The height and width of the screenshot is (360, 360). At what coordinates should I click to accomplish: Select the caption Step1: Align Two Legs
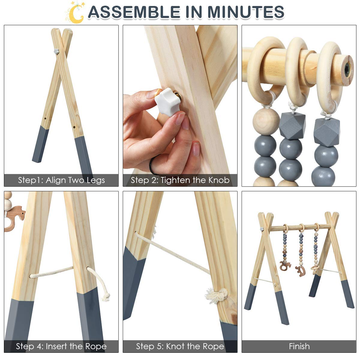pos(61,180)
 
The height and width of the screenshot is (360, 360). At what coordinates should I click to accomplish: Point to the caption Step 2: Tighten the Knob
pos(180,180)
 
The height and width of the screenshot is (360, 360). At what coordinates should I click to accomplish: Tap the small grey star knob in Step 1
pos(56,51)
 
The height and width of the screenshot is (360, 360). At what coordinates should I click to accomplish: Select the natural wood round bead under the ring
pos(266,121)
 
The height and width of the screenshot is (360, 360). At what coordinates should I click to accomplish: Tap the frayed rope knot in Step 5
pos(216,296)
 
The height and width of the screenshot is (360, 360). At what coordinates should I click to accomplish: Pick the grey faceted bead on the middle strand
pos(292,125)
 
